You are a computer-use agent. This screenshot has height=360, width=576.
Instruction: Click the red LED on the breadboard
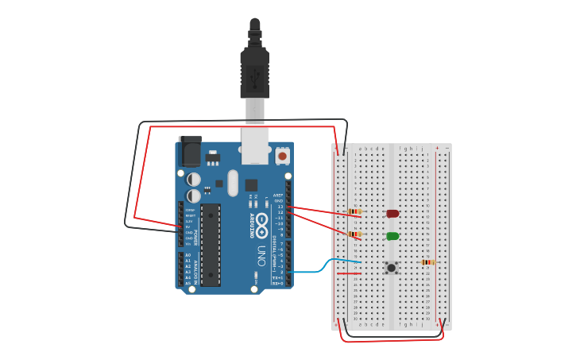coord(392,213)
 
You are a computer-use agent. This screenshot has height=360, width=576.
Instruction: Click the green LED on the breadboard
coord(392,236)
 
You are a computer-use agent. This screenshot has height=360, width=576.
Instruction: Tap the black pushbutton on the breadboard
coord(391,268)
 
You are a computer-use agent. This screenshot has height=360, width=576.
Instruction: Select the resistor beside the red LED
coord(354,211)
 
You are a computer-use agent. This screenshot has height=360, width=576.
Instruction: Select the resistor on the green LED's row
coord(354,234)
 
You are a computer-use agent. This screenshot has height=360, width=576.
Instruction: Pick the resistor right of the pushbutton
coord(427,262)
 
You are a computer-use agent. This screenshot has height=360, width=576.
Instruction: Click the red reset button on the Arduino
coord(282,156)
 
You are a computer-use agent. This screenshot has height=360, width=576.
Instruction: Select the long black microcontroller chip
coord(211,245)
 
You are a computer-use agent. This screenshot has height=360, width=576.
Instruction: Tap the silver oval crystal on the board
coord(233,183)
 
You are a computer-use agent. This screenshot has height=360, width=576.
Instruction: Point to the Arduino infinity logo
coord(261,220)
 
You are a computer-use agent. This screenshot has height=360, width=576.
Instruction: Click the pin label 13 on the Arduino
coord(280,207)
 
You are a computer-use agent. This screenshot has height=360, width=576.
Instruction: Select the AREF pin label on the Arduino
coord(278,195)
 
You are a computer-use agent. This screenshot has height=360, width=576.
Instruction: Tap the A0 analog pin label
coord(188,255)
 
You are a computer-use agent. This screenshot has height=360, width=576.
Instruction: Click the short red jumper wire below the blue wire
coord(349,273)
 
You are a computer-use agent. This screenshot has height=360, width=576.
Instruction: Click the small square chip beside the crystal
coord(251,185)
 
